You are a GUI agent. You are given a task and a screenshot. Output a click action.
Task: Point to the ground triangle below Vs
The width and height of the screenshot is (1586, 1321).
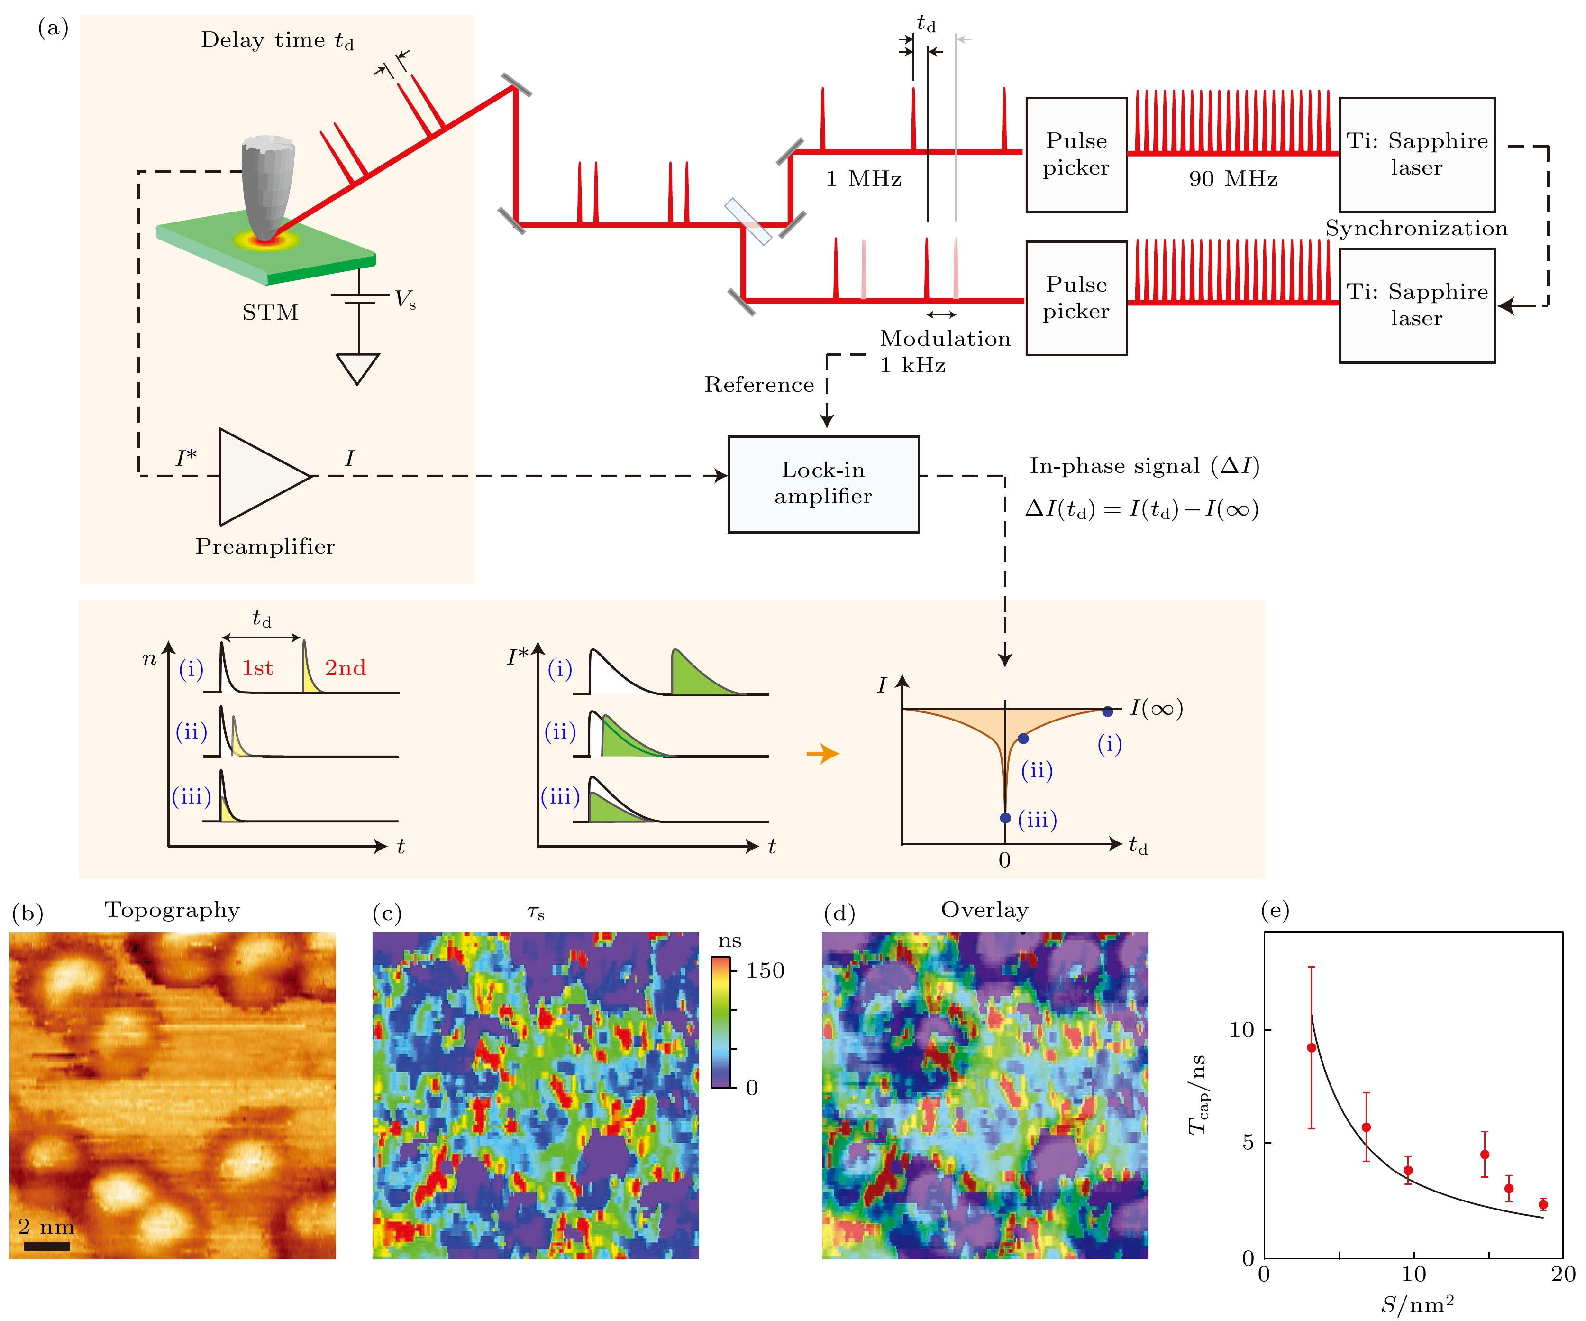(357, 368)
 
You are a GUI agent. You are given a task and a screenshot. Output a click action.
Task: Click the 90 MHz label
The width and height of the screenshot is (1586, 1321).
(1232, 179)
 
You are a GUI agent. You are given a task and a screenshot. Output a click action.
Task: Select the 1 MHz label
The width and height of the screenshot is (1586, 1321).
(863, 179)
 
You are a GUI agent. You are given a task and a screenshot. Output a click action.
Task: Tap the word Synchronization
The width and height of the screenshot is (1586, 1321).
(1416, 228)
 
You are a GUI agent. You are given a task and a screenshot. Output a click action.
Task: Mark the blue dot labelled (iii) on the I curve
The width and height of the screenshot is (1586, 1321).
(1005, 818)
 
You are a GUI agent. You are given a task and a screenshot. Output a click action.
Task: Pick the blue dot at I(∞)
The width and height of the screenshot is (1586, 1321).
(1107, 711)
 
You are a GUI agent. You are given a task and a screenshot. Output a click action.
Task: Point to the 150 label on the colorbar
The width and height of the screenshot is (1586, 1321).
(765, 971)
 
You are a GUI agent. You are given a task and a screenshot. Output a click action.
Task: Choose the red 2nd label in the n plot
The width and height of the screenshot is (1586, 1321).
(345, 668)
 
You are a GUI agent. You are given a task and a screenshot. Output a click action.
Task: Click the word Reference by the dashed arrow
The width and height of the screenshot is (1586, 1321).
(759, 385)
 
